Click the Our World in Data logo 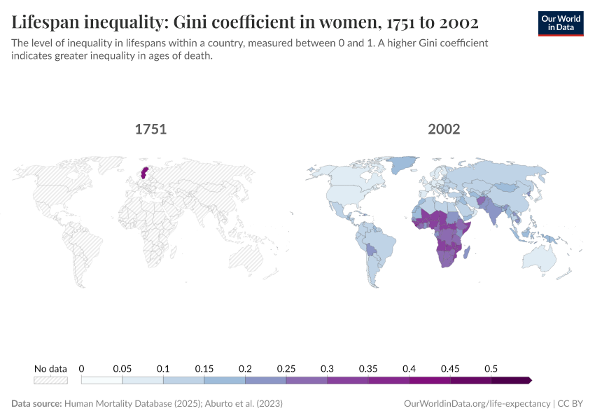click(x=560, y=23)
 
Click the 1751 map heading click(x=150, y=129)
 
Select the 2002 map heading click(x=444, y=129)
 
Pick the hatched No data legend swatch click(x=50, y=380)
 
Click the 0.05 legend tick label click(x=122, y=368)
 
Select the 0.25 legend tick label click(x=286, y=368)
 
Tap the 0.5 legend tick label click(x=491, y=368)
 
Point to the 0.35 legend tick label click(x=368, y=368)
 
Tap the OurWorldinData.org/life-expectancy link click(x=477, y=404)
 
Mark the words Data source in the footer click(x=36, y=404)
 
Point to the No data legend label click(x=50, y=368)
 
